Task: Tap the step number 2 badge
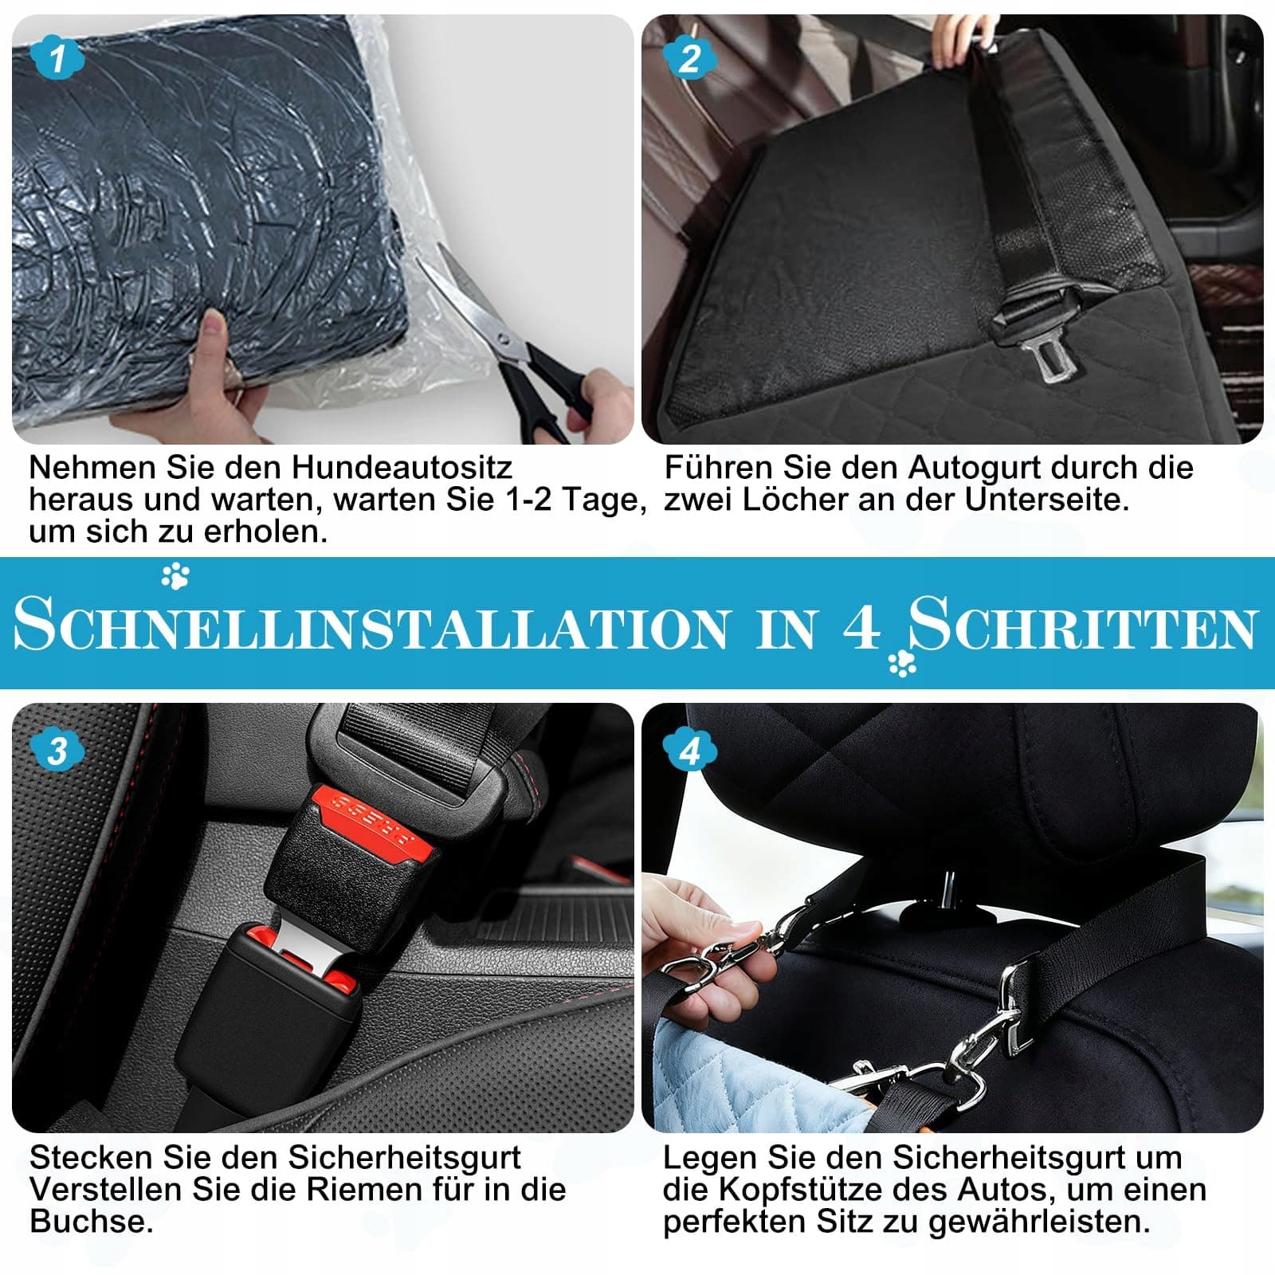690,57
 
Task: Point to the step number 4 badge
690,751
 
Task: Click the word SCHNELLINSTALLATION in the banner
371,626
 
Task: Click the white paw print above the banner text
175,575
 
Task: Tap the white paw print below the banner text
902,662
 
